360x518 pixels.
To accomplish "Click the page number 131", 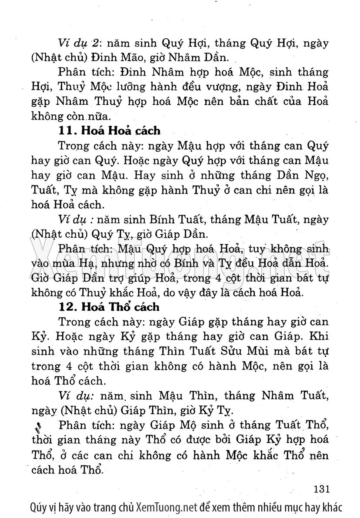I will (x=323, y=488).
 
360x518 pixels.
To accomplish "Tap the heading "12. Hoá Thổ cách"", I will (x=110, y=307).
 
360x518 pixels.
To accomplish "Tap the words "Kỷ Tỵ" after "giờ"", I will (x=222, y=410).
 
